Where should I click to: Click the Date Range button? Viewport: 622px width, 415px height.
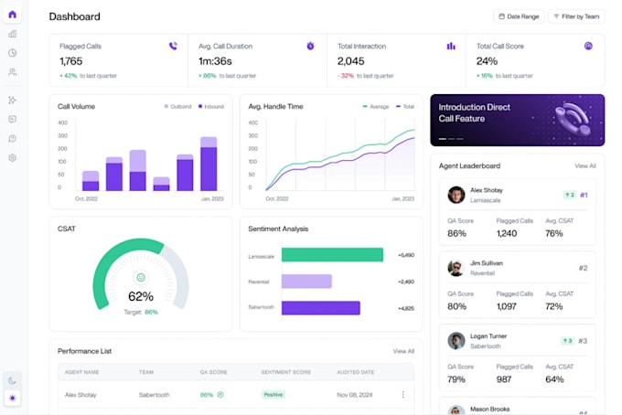point(519,16)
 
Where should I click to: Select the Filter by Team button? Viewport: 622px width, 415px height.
point(576,16)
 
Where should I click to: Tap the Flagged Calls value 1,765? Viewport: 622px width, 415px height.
point(71,61)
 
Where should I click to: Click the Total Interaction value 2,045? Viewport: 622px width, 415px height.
point(351,61)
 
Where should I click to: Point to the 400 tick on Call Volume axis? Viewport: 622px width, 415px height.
point(62,122)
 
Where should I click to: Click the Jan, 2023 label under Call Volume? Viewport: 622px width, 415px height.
point(212,198)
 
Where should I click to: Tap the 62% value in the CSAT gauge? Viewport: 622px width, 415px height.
point(140,296)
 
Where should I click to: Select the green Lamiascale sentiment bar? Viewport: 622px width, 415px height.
point(332,255)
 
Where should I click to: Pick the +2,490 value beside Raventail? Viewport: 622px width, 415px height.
point(406,282)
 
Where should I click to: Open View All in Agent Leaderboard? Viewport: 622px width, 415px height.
point(584,166)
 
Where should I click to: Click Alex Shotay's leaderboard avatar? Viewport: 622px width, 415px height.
point(456,195)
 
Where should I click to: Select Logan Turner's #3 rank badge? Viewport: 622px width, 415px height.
point(582,341)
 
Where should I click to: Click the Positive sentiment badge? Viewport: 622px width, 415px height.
point(273,395)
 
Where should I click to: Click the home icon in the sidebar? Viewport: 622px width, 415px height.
point(12,14)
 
